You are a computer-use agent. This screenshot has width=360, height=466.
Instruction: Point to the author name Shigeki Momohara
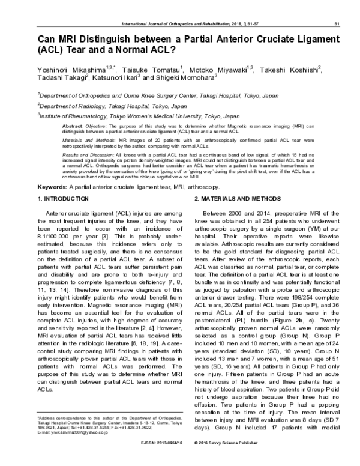click(185, 79)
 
